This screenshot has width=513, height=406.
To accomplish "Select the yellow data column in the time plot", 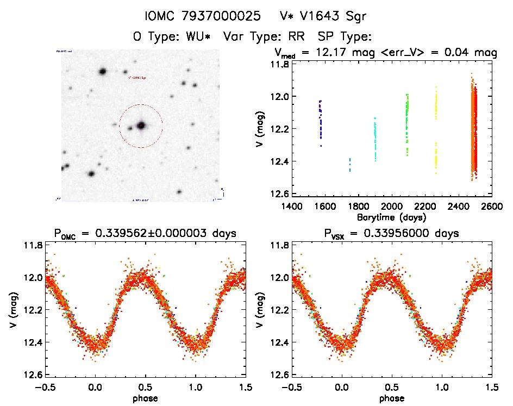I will (436, 130).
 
